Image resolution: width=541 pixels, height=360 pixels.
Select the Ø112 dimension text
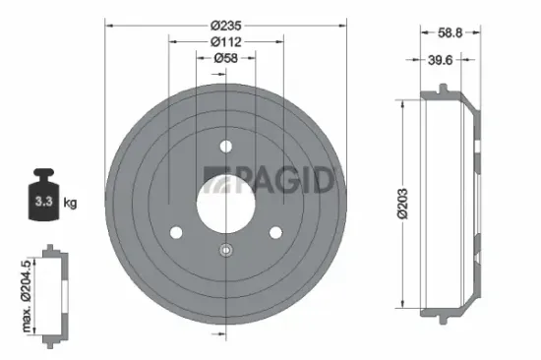226,42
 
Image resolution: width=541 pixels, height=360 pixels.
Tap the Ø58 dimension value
226,60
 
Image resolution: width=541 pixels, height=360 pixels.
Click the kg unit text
70,203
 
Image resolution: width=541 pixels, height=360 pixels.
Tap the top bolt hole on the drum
226,148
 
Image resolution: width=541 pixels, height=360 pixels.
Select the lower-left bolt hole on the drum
177,232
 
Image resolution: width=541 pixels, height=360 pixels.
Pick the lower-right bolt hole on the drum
275,232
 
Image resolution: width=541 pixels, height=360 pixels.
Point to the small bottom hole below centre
226,249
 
